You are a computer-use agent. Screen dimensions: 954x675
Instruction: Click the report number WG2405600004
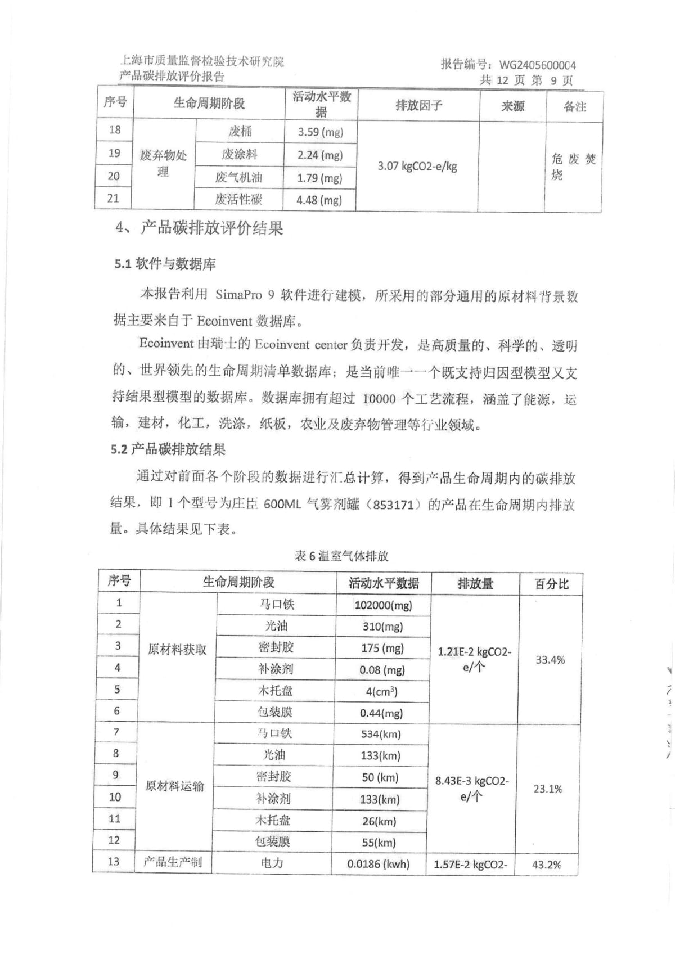[537, 65]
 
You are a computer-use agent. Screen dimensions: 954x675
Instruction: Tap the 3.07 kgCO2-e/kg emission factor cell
[417, 166]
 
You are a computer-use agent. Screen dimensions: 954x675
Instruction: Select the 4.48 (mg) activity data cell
[319, 200]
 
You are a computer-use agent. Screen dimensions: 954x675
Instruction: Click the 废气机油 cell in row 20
[239, 177]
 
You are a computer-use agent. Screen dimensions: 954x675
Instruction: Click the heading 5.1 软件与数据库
[165, 264]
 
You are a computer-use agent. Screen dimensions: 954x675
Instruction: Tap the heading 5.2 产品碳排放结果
[168, 449]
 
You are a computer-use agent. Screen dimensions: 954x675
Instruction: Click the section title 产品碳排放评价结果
[211, 228]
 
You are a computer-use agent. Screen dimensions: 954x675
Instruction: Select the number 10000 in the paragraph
[379, 399]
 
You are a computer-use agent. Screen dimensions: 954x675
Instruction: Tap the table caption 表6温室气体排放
[341, 556]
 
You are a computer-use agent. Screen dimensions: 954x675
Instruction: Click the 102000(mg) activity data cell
[383, 605]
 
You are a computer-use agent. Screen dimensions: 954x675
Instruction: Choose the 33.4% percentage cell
[550, 660]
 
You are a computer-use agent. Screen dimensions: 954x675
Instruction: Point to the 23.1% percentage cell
[548, 789]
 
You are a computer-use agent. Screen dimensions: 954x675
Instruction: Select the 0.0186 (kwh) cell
[378, 864]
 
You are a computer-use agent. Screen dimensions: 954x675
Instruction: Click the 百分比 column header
[551, 584]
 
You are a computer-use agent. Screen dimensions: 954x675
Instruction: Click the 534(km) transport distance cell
[381, 734]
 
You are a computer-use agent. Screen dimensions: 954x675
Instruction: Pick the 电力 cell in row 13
[272, 863]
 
